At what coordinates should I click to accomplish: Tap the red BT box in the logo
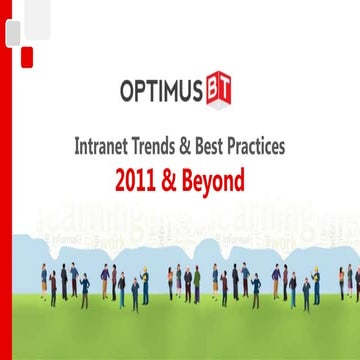(222, 93)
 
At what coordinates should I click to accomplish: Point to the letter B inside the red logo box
(215, 93)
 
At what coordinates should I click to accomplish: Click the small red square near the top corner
(28, 53)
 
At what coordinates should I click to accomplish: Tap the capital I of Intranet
(78, 145)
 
